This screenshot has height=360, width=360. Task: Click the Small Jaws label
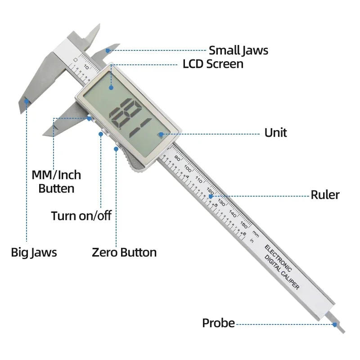[238, 50]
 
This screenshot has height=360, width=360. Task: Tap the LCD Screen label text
[213, 64]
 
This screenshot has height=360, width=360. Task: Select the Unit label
[275, 133]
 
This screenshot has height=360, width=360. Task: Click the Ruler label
[325, 195]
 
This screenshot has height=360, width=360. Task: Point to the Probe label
[218, 323]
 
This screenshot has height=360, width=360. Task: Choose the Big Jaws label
[34, 252]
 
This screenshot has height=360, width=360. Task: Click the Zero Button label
[124, 252]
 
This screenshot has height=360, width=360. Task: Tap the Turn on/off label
[81, 216]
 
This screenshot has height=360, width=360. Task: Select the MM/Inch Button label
[56, 181]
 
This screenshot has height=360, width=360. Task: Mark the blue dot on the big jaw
[27, 101]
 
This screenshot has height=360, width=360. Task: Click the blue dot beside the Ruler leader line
[211, 196]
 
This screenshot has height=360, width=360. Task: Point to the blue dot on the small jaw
[107, 50]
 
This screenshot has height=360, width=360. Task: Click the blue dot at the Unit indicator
[160, 133]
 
